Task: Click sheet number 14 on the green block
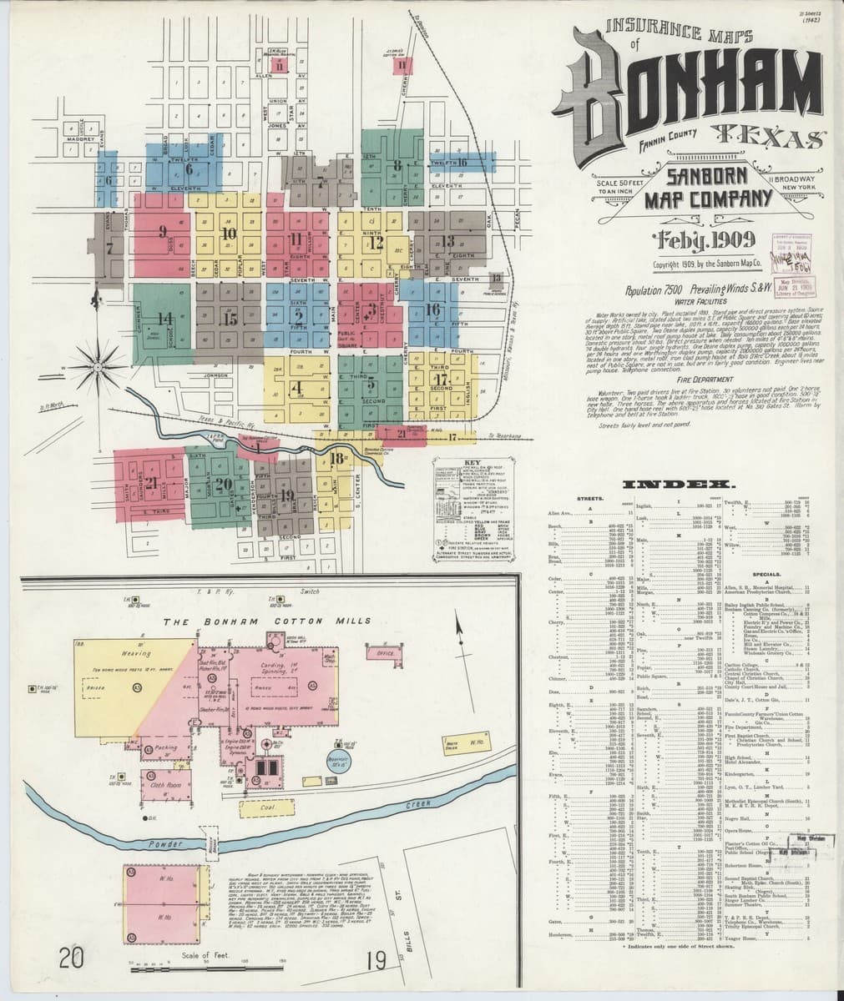pos(165,318)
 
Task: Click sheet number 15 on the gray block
pos(231,317)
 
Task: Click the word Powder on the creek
pos(164,845)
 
